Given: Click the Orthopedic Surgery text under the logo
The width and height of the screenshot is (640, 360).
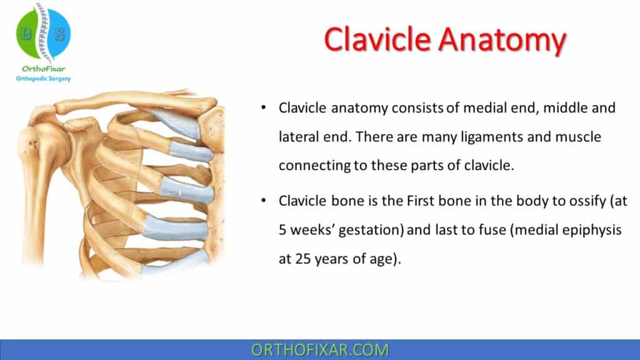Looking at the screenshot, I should click(x=42, y=79).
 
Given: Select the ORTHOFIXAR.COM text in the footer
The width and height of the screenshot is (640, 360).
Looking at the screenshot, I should click(x=319, y=349).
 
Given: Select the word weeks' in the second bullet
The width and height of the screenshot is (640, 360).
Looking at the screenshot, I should click(x=316, y=231).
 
